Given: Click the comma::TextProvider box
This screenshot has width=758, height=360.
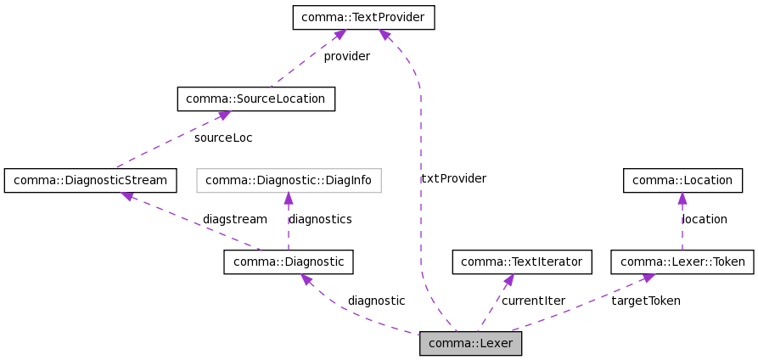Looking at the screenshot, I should [x=363, y=18].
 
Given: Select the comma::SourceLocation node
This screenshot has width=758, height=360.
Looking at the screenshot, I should [x=255, y=98].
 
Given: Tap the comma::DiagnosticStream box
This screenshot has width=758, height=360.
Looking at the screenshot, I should [x=91, y=180].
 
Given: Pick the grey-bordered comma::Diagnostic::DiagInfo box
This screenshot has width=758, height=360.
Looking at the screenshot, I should [x=289, y=180].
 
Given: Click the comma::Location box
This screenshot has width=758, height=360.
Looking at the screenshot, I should [x=682, y=180].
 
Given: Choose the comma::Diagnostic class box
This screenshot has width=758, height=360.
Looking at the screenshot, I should [x=288, y=262].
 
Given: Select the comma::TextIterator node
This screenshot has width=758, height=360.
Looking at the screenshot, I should [x=521, y=262].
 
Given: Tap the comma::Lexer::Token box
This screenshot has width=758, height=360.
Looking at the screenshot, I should [x=682, y=262].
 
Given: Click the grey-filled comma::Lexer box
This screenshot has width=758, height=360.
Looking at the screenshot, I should [x=470, y=343].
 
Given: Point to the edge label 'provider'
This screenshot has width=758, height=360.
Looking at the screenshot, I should [x=346, y=57].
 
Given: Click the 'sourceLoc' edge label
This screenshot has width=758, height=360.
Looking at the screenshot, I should [x=222, y=138].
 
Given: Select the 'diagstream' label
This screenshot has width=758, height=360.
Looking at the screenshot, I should [x=234, y=219].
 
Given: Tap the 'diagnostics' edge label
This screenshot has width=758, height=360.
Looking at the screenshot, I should [x=320, y=219].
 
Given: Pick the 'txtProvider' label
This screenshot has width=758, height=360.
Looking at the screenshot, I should [x=453, y=178].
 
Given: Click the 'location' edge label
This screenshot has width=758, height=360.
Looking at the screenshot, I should [x=705, y=219].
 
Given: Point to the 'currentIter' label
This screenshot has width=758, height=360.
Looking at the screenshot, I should [x=533, y=301].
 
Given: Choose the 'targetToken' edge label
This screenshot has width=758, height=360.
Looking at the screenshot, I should [x=645, y=301].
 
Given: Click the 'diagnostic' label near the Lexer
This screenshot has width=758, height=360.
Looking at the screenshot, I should [x=376, y=301].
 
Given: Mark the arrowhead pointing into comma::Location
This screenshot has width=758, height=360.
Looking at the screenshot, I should [x=682, y=198].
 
